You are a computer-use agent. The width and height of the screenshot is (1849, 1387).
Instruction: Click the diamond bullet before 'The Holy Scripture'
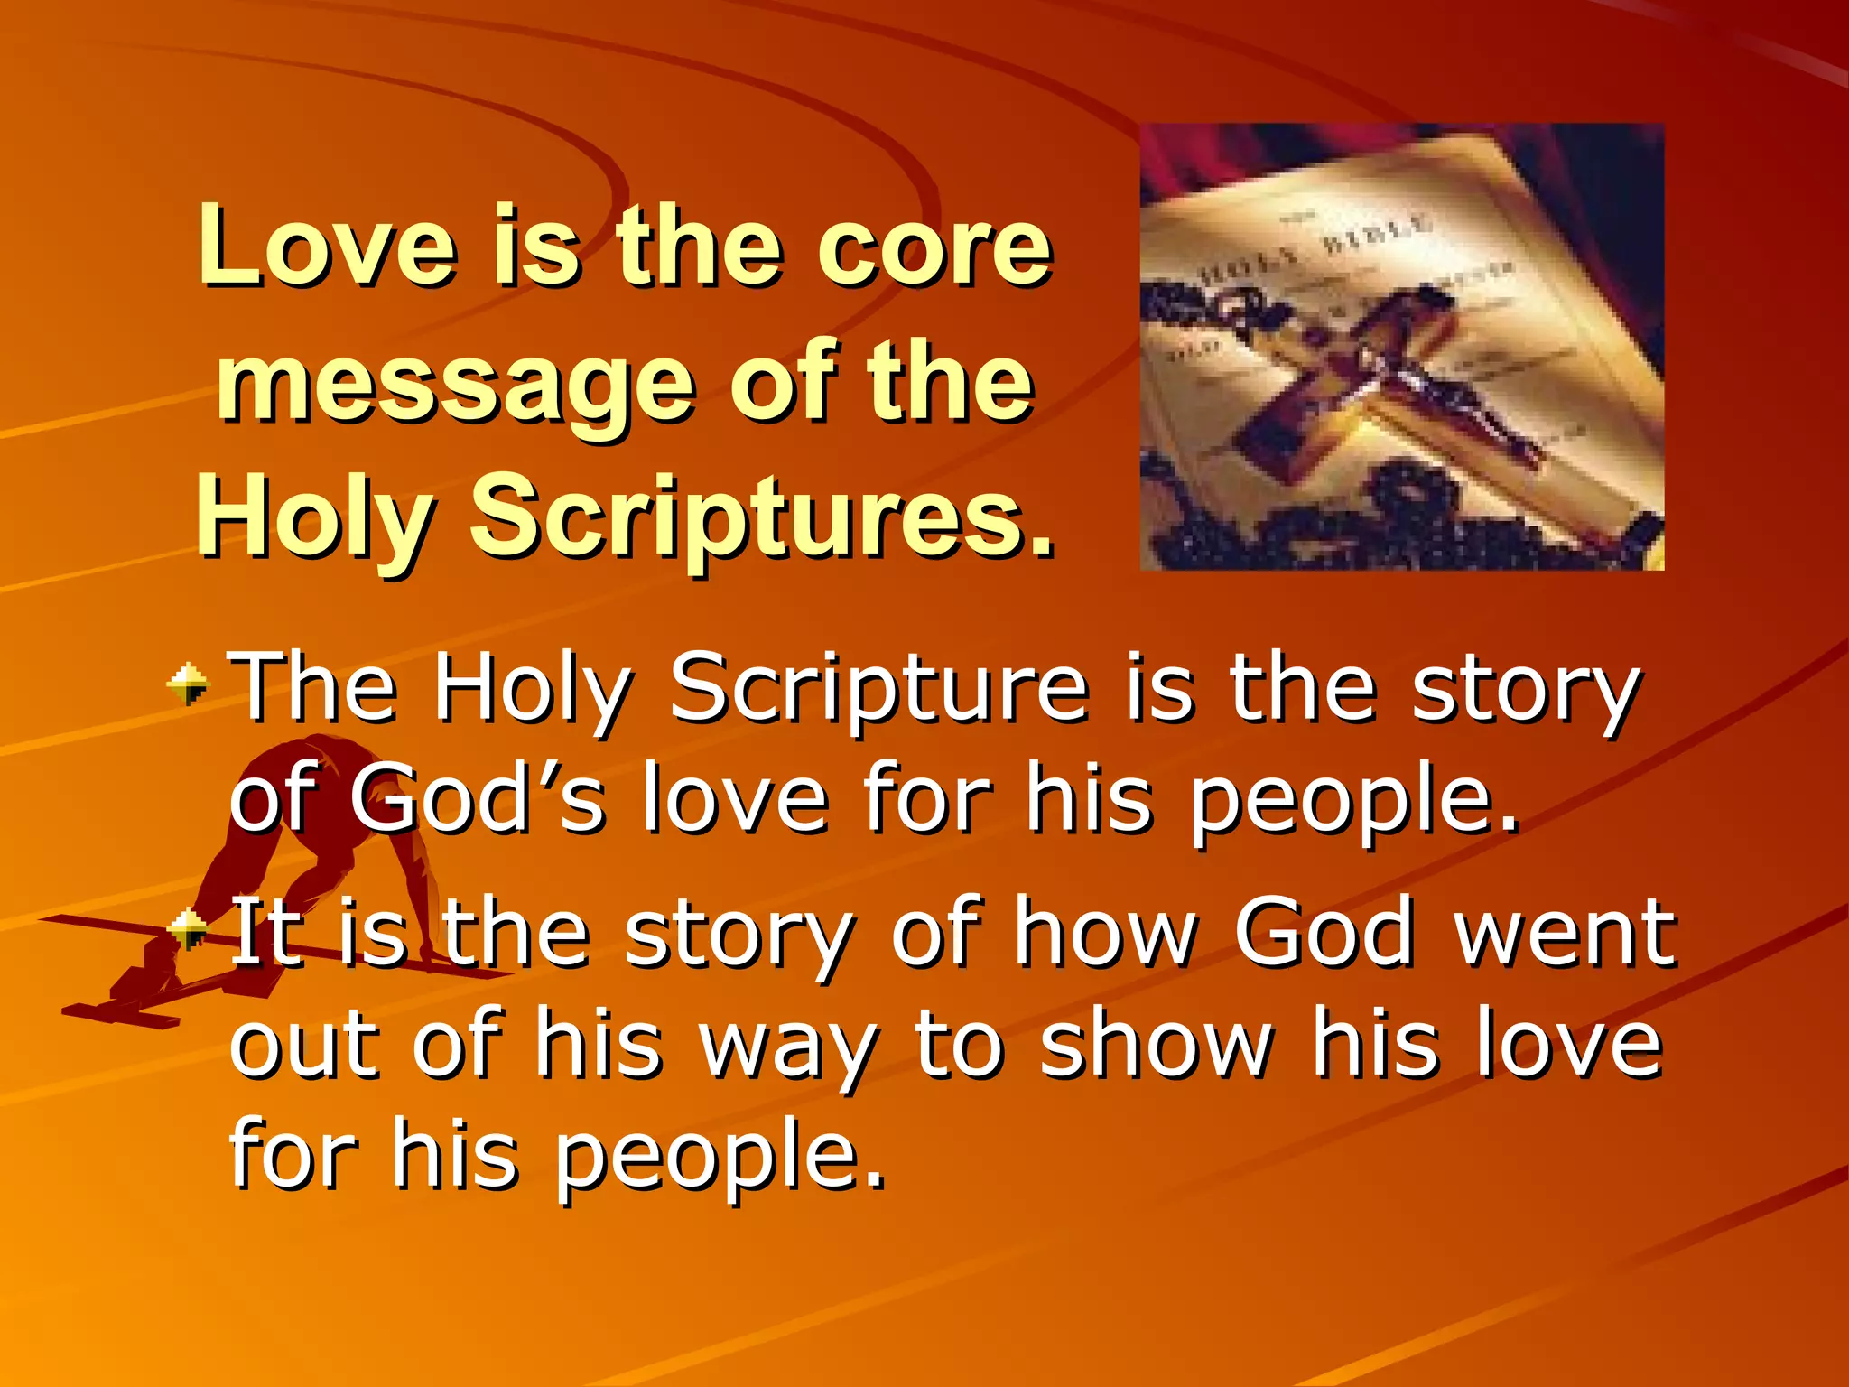[x=188, y=684]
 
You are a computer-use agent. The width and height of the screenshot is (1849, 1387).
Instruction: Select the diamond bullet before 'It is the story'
[x=188, y=929]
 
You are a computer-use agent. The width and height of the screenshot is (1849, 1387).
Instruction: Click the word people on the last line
[x=719, y=1156]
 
